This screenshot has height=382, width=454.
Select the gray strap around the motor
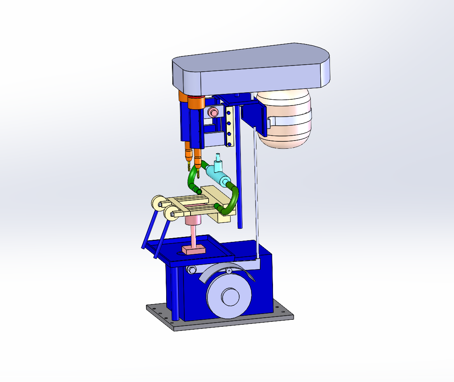[x=291, y=120]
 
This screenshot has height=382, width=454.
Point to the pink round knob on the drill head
[x=213, y=112]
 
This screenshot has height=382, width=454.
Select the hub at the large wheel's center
[x=230, y=296]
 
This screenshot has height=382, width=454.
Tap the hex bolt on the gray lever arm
[x=191, y=270]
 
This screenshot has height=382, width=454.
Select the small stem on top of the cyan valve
[x=218, y=159]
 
